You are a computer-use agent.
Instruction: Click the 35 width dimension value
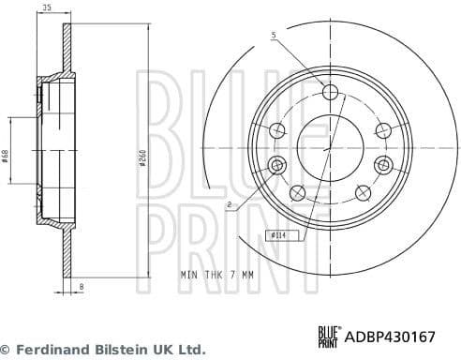coord(46,8)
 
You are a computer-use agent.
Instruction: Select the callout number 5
coord(274,36)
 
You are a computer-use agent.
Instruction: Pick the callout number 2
coord(229,203)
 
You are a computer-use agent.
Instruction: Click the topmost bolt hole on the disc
coord(330,92)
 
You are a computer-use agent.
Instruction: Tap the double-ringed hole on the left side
coord(276,166)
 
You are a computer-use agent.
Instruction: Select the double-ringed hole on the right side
coord(382,165)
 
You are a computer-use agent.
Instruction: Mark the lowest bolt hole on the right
coord(363,194)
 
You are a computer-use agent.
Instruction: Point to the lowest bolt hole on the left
coord(298,194)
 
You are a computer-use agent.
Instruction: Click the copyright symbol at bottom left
coord(7,349)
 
